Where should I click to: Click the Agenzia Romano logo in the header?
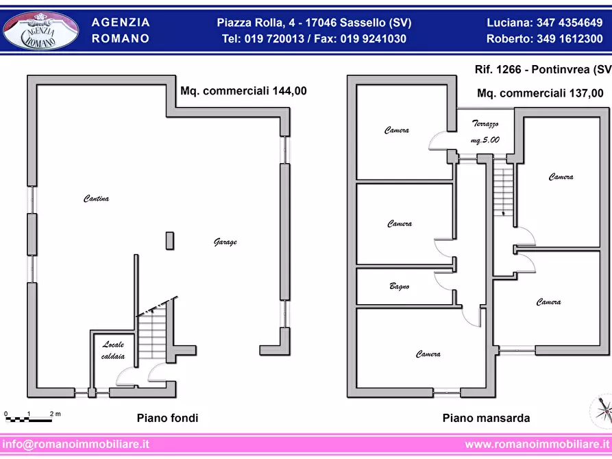(41, 30)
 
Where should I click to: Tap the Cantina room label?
(97, 199)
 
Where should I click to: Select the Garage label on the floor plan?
(225, 243)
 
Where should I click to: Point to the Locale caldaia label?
(113, 350)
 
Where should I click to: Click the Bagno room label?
(399, 286)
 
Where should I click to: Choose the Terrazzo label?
(485, 124)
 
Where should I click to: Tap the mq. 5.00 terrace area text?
(485, 139)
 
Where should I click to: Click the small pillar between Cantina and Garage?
(169, 240)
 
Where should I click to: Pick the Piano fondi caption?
(167, 418)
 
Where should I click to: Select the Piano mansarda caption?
(486, 418)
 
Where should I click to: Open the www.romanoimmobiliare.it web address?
(537, 444)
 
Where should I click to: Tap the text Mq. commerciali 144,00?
(243, 90)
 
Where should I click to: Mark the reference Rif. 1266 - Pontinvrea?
(541, 70)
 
